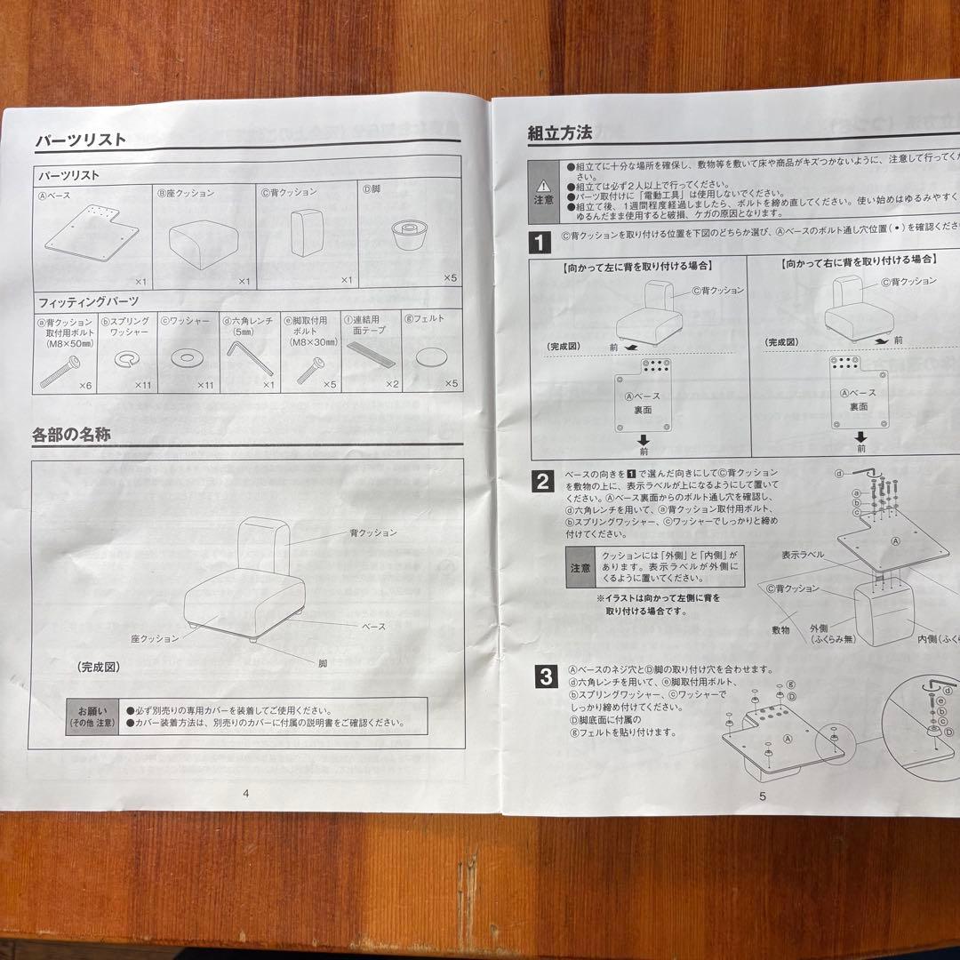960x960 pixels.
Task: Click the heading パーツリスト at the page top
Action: tap(80, 140)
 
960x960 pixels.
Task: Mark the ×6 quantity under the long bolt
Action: tap(84, 386)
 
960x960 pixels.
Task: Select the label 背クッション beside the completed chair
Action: tap(372, 532)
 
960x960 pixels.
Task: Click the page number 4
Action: tap(245, 794)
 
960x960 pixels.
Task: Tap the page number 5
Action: tap(762, 796)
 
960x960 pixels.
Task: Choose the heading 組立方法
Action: tap(559, 133)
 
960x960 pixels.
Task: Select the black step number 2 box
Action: tap(542, 482)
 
